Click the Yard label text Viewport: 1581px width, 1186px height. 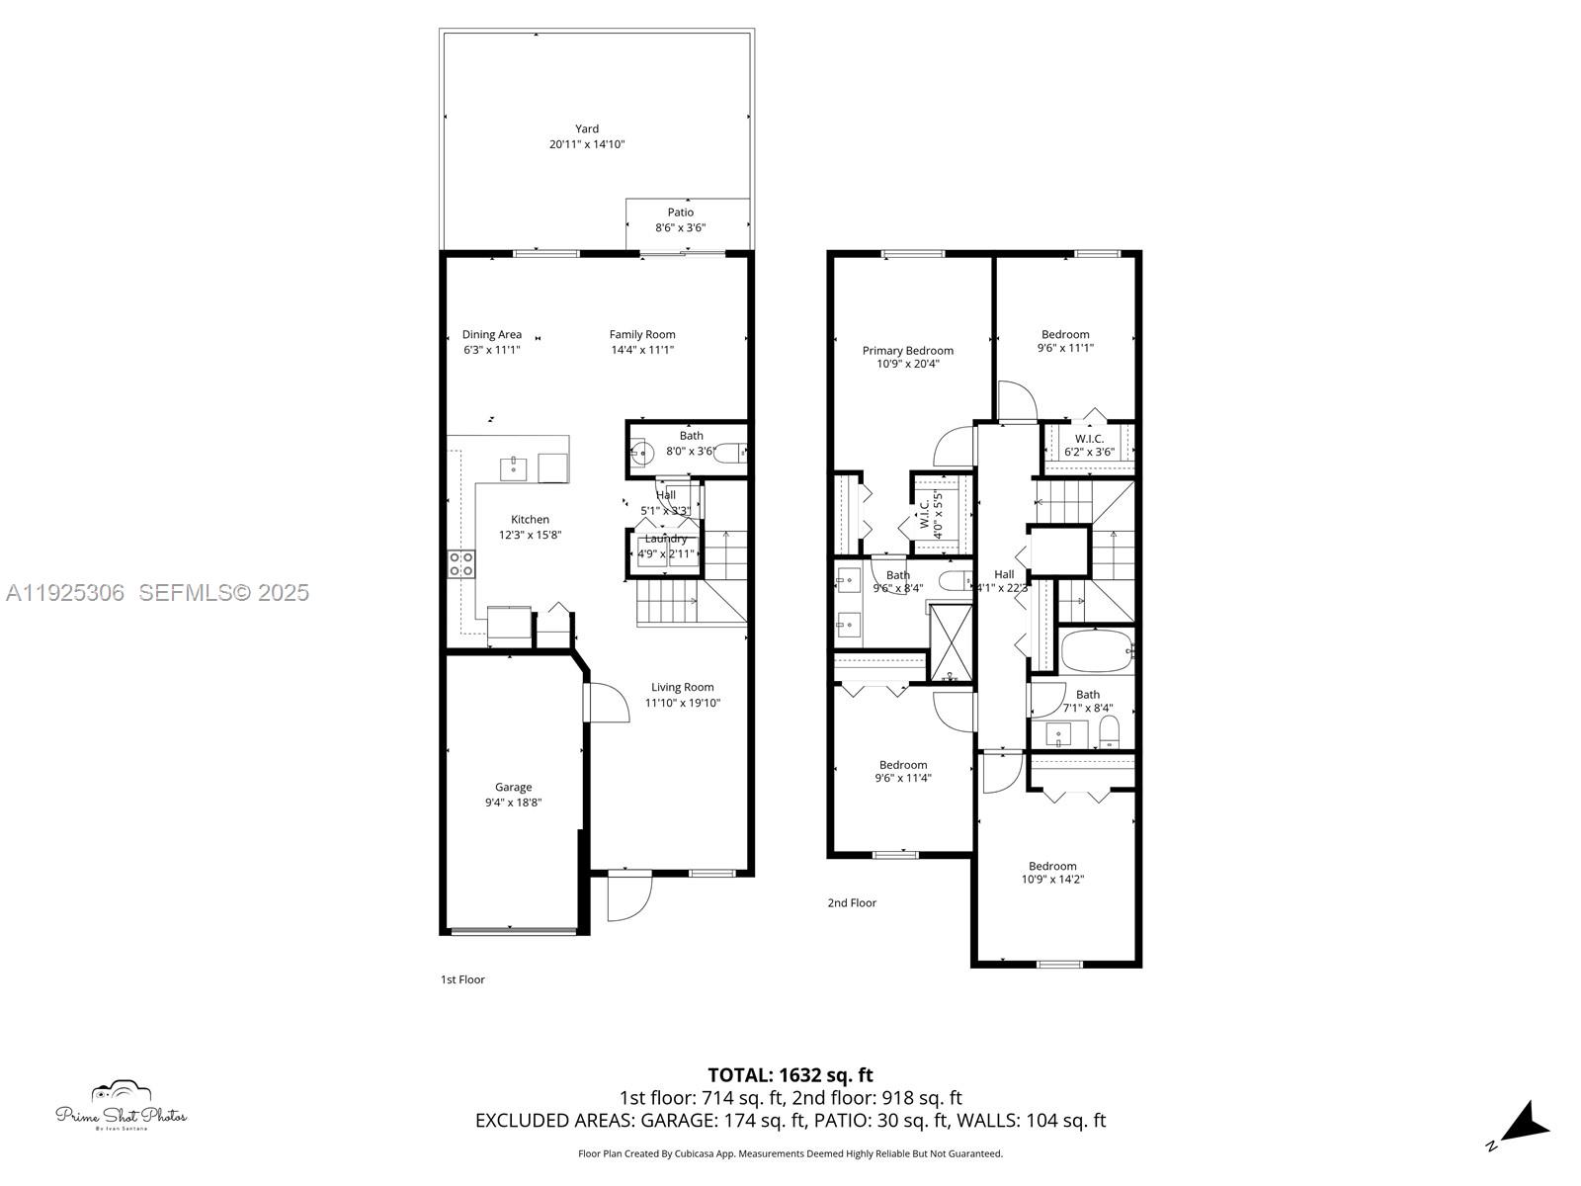click(x=587, y=128)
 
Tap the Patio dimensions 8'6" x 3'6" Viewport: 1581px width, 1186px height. click(x=680, y=228)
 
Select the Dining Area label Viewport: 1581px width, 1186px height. click(x=491, y=334)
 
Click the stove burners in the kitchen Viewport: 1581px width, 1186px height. click(x=460, y=564)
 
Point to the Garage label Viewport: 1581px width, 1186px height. click(x=513, y=787)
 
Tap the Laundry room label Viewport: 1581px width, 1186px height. click(x=665, y=539)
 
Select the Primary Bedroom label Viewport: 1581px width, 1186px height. click(x=907, y=350)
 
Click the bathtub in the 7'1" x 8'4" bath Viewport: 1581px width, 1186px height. click(x=1096, y=650)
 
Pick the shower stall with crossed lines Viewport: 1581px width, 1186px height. click(x=951, y=642)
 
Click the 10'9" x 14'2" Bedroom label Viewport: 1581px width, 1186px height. click(x=1051, y=866)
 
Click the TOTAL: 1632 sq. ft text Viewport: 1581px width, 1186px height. click(x=790, y=1074)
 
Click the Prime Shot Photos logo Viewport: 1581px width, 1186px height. click(x=121, y=1106)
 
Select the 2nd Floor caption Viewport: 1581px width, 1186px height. click(x=851, y=902)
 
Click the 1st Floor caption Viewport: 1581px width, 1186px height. click(x=462, y=979)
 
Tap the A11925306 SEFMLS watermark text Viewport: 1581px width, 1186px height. click(x=157, y=592)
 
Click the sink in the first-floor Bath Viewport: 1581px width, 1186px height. click(x=641, y=454)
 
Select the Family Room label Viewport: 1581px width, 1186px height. click(x=641, y=334)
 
